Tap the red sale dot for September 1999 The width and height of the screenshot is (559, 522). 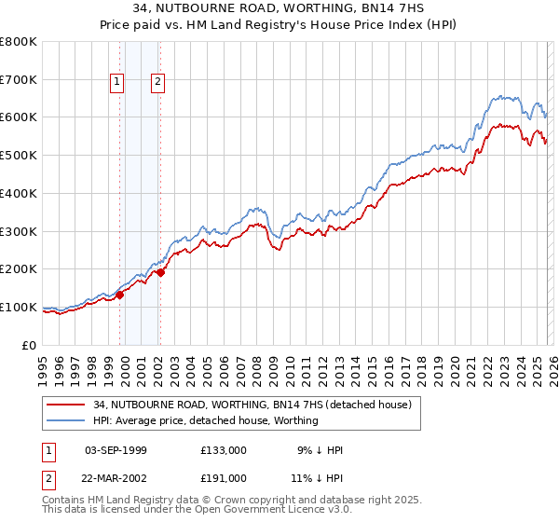(x=120, y=295)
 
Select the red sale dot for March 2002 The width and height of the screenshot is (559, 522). (x=160, y=272)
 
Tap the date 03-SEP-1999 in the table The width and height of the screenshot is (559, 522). (x=116, y=450)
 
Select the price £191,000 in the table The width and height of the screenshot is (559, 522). (x=224, y=477)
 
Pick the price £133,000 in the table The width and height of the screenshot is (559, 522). (x=224, y=450)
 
